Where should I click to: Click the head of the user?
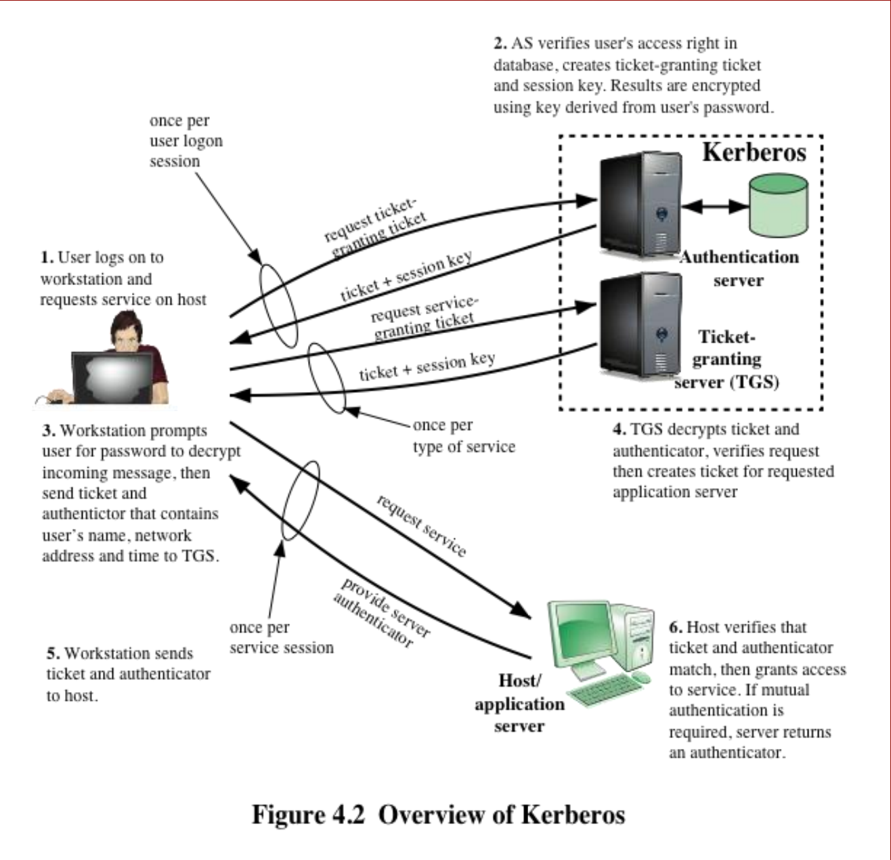[x=127, y=330]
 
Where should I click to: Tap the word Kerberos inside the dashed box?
[x=754, y=152]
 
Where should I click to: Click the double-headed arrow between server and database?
[x=715, y=207]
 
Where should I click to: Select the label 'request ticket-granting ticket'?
[x=376, y=228]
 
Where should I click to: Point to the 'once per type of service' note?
[x=464, y=435]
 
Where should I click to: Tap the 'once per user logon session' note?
[x=186, y=141]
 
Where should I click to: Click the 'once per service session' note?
[x=282, y=637]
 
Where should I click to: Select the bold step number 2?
[x=500, y=43]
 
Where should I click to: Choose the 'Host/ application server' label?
[x=520, y=703]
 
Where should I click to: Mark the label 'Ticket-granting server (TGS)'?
[x=726, y=360]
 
